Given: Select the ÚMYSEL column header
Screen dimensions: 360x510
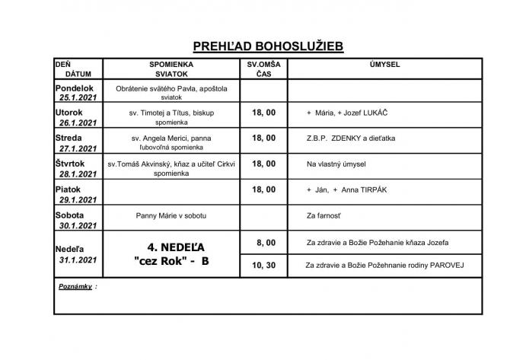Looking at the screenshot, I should point(384,65).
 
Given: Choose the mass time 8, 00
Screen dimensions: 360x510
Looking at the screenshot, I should point(263,242).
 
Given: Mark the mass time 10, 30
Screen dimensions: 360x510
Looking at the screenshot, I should point(263,264).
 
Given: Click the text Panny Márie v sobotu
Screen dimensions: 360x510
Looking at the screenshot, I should point(172,215).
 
